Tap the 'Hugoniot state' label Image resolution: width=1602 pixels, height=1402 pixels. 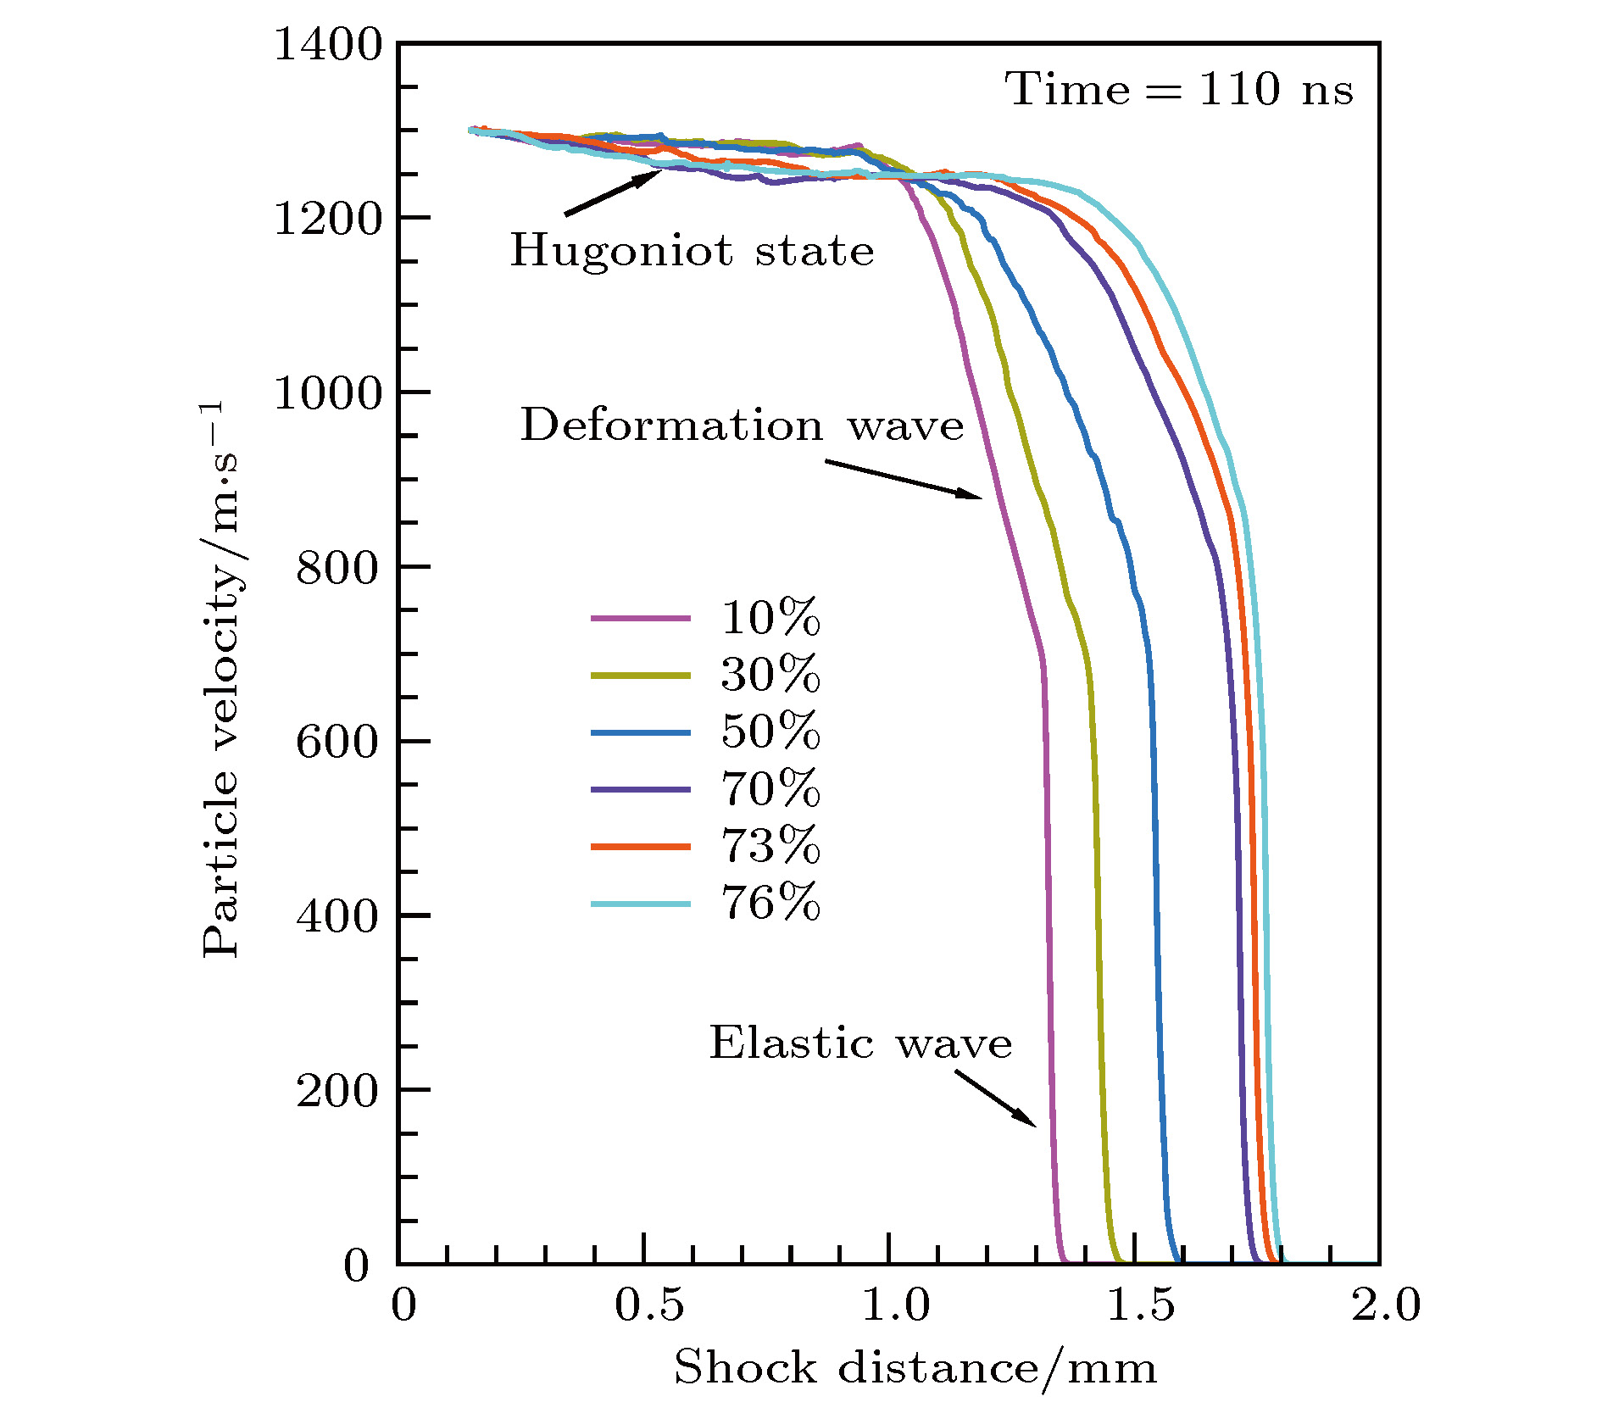pyautogui.click(x=692, y=251)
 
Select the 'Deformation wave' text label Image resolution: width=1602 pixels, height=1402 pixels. pyautogui.click(x=742, y=425)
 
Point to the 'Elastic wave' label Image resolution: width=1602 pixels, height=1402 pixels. pyautogui.click(x=860, y=1043)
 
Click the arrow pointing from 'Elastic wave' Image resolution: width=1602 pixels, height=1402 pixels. pyautogui.click(x=995, y=1098)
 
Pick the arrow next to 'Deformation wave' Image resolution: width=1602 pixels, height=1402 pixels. pyautogui.click(x=904, y=480)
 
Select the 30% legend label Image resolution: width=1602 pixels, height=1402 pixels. pyautogui.click(x=770, y=675)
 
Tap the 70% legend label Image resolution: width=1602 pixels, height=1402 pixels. pyautogui.click(x=770, y=789)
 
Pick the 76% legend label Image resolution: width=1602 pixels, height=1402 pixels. pyautogui.click(x=770, y=903)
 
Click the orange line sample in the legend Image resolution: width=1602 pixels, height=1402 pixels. pyautogui.click(x=641, y=846)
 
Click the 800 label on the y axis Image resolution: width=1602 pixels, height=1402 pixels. pyautogui.click(x=337, y=568)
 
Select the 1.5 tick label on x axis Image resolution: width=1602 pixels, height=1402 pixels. pyautogui.click(x=1142, y=1305)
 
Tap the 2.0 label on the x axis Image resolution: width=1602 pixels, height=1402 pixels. pyautogui.click(x=1385, y=1305)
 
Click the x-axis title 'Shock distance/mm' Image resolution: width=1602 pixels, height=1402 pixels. pyautogui.click(x=915, y=1368)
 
